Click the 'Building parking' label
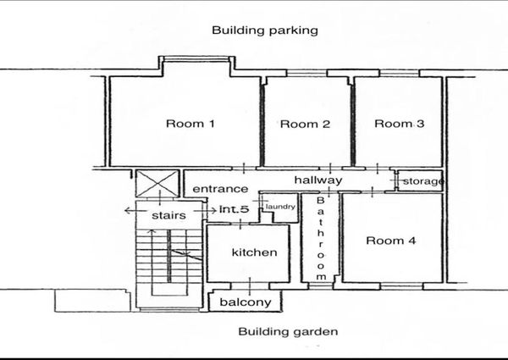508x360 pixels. pyautogui.click(x=265, y=30)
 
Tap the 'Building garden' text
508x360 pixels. pyautogui.click(x=288, y=332)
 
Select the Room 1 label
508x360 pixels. pyautogui.click(x=190, y=124)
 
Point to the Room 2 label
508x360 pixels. pyautogui.click(x=305, y=124)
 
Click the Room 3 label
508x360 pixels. pyautogui.click(x=399, y=124)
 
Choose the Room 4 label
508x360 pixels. pyautogui.click(x=390, y=241)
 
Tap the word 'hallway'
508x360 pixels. pyautogui.click(x=318, y=180)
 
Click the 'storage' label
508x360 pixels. pyautogui.click(x=422, y=181)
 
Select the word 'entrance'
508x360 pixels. pyautogui.click(x=220, y=189)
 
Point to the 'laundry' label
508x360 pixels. pyautogui.click(x=280, y=207)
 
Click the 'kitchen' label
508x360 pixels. pyautogui.click(x=254, y=252)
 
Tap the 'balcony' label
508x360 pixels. pyautogui.click(x=246, y=302)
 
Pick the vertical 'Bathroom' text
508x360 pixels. pyautogui.click(x=320, y=239)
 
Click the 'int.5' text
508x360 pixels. pyautogui.click(x=235, y=209)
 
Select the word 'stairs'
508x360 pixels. pyautogui.click(x=168, y=215)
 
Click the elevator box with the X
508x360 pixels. pyautogui.click(x=157, y=184)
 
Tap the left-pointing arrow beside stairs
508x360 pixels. pyautogui.click(x=131, y=211)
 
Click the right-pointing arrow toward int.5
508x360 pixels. pyautogui.click(x=206, y=211)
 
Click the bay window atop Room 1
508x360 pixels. pyautogui.click(x=196, y=59)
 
